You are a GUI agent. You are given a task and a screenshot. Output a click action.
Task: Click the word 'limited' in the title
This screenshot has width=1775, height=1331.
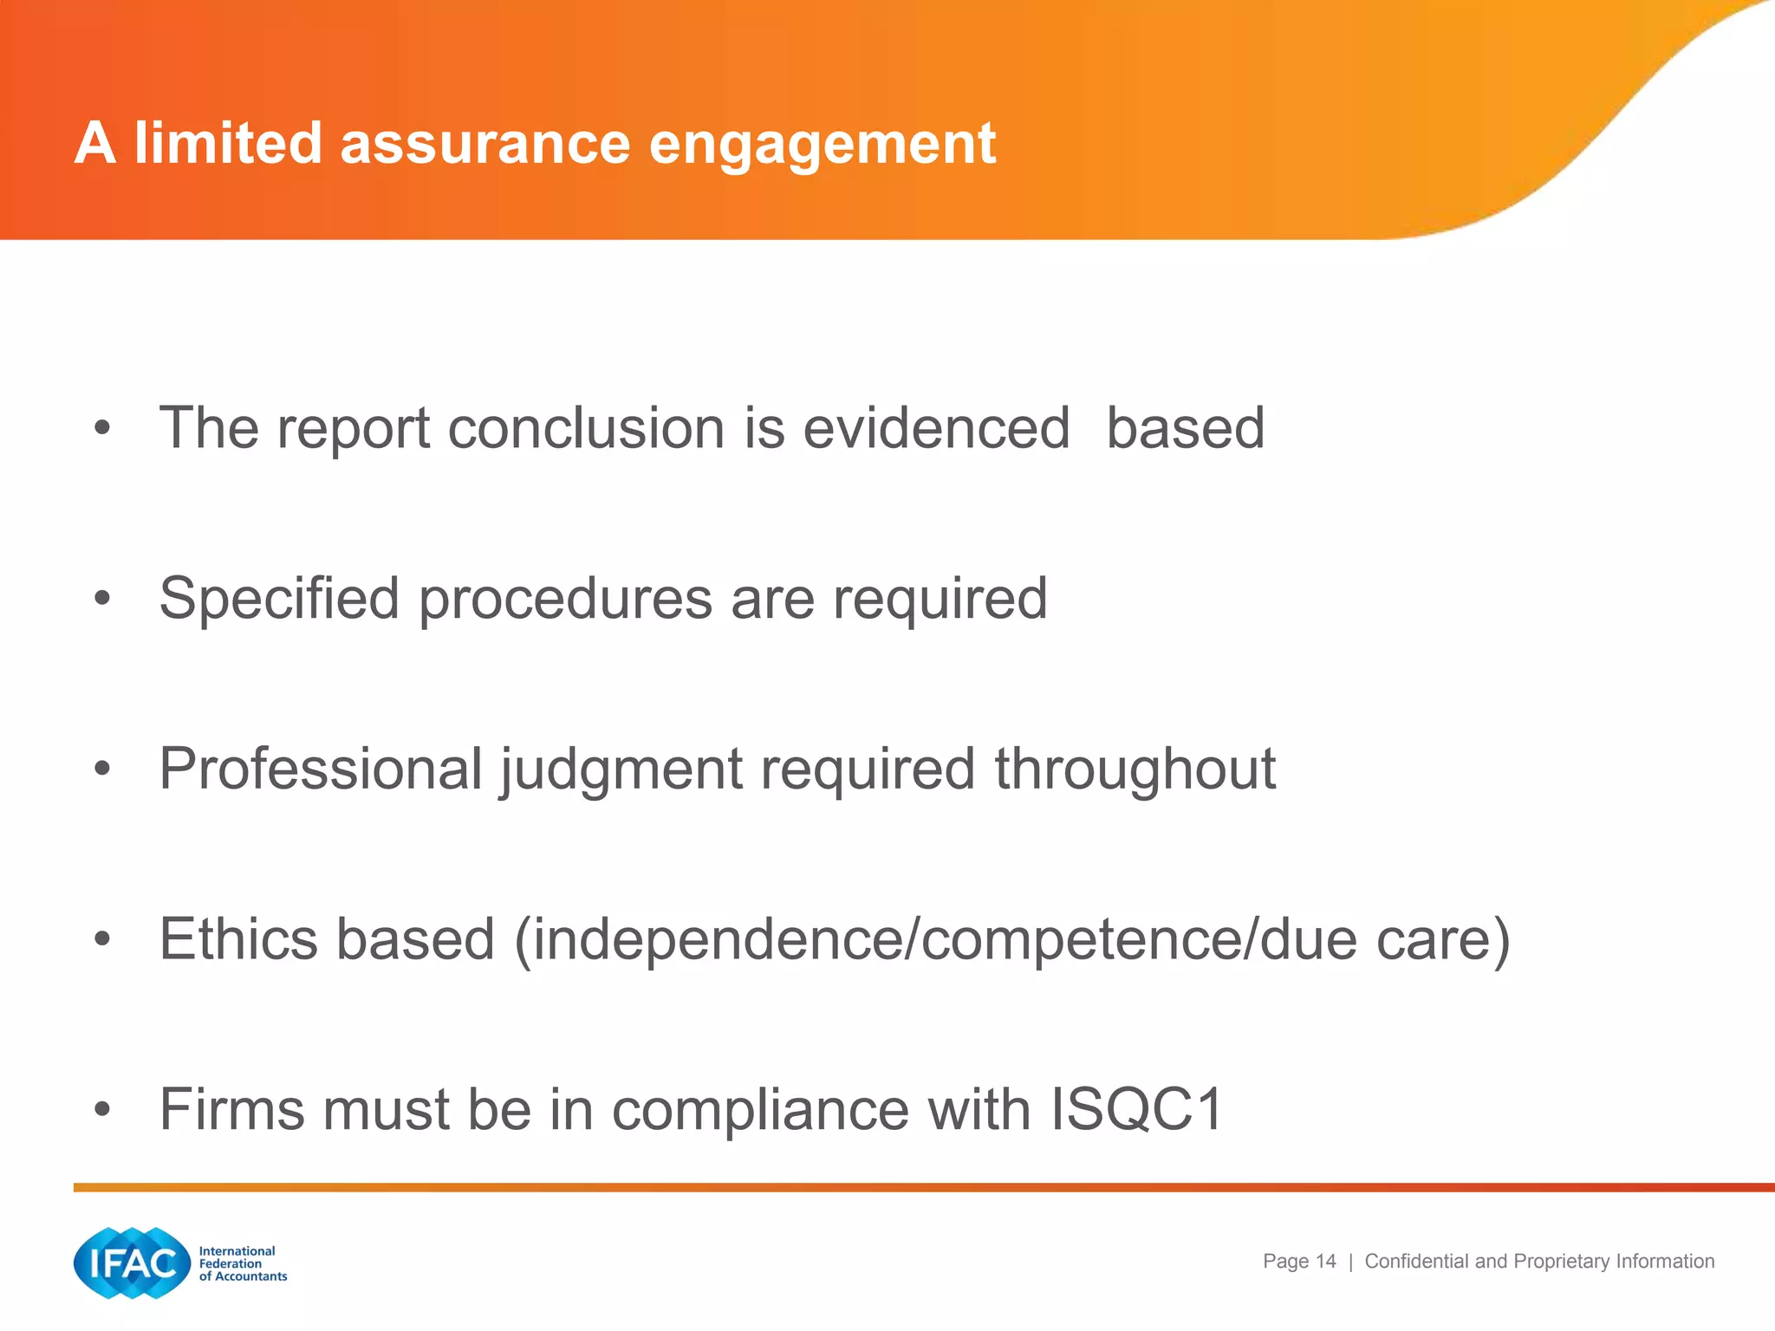(x=228, y=143)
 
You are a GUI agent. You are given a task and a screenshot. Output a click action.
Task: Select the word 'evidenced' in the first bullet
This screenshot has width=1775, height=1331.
(x=936, y=428)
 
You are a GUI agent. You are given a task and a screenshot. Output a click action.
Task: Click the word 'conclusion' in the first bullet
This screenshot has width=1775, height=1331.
(x=586, y=428)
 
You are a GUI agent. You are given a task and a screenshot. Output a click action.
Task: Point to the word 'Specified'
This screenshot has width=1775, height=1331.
(x=278, y=600)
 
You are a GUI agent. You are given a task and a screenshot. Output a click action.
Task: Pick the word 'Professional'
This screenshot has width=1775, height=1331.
(x=321, y=769)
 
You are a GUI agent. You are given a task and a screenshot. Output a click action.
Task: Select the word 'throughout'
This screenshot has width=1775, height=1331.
(x=1135, y=769)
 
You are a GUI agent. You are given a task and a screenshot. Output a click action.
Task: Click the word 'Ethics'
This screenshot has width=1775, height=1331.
(x=238, y=939)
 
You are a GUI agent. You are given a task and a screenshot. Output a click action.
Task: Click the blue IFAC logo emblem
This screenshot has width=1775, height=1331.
(x=132, y=1263)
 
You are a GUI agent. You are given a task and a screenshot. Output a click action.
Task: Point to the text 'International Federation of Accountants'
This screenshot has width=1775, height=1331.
(x=242, y=1263)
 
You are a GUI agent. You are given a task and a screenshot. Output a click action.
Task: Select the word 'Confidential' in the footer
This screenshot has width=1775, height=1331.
(x=1417, y=1262)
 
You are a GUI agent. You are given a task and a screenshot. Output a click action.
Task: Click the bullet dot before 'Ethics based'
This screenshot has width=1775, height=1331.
(x=103, y=939)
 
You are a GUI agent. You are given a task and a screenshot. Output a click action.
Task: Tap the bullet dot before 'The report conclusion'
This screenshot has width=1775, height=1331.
(x=103, y=428)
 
